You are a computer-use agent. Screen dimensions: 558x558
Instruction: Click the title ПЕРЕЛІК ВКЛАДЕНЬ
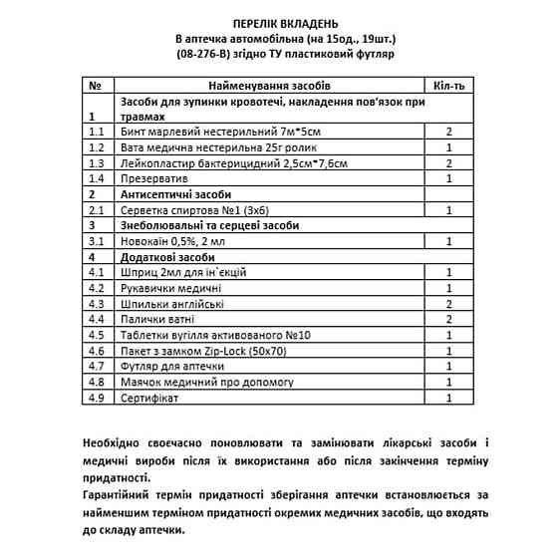(x=278, y=21)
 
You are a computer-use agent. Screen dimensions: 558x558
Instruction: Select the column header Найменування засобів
(x=269, y=86)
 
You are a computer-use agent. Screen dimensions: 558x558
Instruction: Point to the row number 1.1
(x=97, y=132)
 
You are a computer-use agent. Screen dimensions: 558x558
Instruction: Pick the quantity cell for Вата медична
(x=450, y=146)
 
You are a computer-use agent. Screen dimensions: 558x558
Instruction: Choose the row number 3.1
(x=97, y=241)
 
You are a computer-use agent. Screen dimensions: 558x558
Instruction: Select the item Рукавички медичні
(x=169, y=287)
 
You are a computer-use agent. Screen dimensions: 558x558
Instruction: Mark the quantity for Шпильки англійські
(x=450, y=303)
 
